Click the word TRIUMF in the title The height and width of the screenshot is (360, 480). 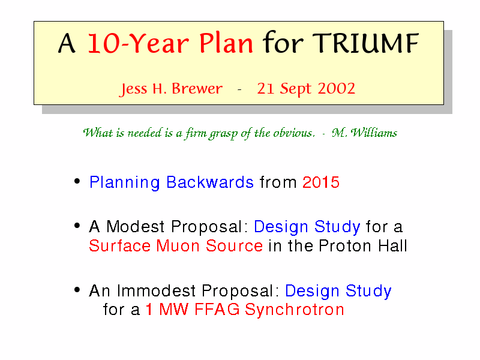(x=365, y=43)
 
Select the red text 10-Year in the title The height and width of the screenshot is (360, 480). (x=139, y=44)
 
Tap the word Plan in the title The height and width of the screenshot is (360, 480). (x=226, y=43)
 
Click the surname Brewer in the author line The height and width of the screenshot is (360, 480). (x=197, y=89)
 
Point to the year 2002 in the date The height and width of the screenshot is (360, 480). (x=336, y=88)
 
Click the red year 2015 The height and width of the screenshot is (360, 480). (x=321, y=182)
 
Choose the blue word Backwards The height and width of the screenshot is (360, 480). (x=210, y=182)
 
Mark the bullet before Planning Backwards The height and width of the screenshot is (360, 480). (x=77, y=181)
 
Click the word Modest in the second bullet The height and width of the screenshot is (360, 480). (x=136, y=227)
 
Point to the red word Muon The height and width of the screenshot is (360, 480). (x=178, y=246)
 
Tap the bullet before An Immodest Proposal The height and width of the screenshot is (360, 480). (x=77, y=289)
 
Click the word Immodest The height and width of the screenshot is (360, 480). (x=157, y=290)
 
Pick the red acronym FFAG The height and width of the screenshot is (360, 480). (x=217, y=310)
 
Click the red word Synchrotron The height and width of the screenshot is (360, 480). (x=295, y=310)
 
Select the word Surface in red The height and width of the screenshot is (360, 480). (x=120, y=246)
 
